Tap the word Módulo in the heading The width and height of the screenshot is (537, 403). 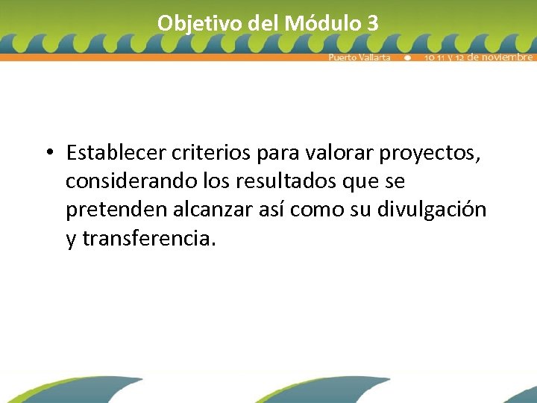pyautogui.click(x=324, y=23)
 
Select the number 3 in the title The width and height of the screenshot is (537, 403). pyautogui.click(x=373, y=23)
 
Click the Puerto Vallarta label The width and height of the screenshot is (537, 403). pyautogui.click(x=359, y=57)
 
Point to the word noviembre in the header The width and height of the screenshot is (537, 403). pyautogui.click(x=505, y=57)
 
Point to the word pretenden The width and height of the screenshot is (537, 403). pyautogui.click(x=109, y=210)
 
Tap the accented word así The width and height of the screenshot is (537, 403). pyautogui.click(x=262, y=210)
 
